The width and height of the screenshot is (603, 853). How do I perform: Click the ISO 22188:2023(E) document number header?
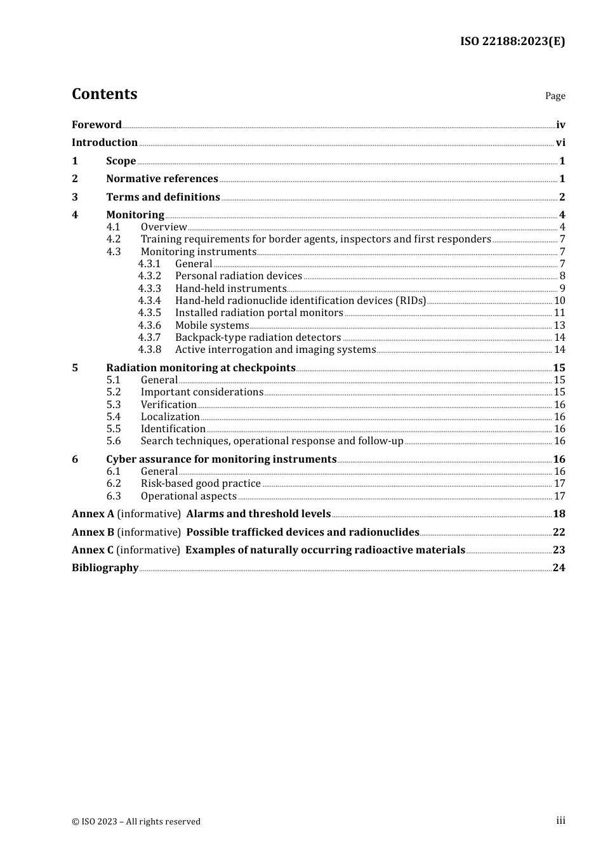[x=512, y=41]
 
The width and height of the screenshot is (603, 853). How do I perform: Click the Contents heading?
[x=104, y=94]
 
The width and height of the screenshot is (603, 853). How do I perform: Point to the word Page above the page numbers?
[x=555, y=96]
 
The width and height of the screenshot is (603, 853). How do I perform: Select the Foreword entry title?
[x=96, y=125]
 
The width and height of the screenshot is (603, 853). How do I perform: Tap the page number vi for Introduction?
[x=560, y=143]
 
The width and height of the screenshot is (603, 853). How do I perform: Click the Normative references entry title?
[x=162, y=179]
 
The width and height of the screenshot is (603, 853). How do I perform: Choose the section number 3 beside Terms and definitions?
[x=75, y=197]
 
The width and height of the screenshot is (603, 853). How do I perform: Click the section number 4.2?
[x=114, y=239]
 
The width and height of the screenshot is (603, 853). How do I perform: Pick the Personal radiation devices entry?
[x=238, y=276]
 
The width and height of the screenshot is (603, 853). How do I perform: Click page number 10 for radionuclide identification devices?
[x=559, y=301]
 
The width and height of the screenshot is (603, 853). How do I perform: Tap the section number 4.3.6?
[x=150, y=326]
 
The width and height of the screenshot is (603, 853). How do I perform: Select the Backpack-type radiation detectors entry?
[x=258, y=338]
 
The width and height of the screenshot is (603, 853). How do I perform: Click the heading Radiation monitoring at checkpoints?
[x=201, y=368]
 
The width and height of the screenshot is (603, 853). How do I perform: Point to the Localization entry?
[x=170, y=417]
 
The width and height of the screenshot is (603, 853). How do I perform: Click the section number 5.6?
[x=114, y=441]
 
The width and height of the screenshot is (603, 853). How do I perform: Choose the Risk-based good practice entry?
[x=201, y=484]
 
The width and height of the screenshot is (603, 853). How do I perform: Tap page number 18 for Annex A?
[x=559, y=514]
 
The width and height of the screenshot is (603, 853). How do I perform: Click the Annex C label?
[x=93, y=550]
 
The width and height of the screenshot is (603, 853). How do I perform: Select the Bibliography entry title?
[x=105, y=568]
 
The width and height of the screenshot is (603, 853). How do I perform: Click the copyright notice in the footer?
[x=136, y=822]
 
